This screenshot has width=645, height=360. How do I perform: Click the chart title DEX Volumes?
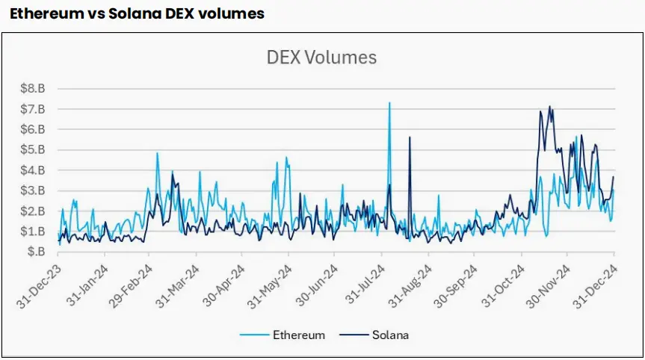pos(322,58)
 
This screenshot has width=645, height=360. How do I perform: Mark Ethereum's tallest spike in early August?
pos(389,103)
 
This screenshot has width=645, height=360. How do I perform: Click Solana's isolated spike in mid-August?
pos(410,137)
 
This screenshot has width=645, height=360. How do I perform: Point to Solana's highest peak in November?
pos(550,107)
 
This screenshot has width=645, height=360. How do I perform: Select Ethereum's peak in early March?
pos(157,153)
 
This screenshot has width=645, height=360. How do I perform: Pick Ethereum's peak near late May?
pos(286,158)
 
